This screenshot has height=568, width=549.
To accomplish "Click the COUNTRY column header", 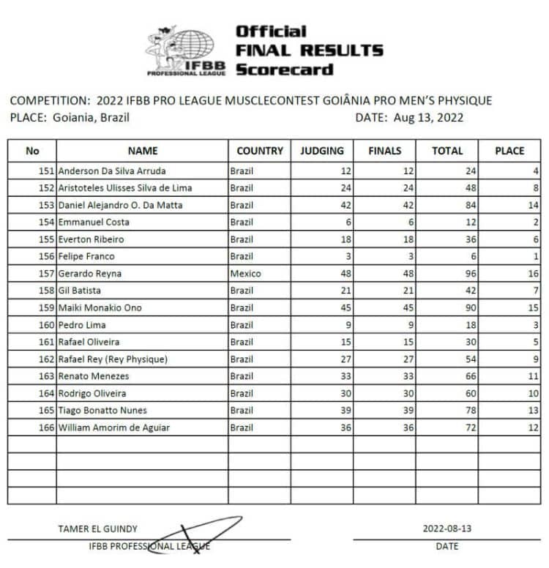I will (x=259, y=151).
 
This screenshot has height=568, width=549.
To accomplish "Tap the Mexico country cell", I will (x=245, y=274).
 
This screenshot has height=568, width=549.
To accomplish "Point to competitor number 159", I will (x=46, y=308).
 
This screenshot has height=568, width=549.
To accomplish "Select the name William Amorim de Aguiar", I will (x=114, y=427).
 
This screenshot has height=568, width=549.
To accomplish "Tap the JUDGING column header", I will (x=321, y=151).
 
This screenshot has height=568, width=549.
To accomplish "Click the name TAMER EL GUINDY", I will (x=97, y=528).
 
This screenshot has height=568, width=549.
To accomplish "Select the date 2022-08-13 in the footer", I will (x=447, y=528).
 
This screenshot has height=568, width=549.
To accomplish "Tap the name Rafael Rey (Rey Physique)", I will (x=113, y=359).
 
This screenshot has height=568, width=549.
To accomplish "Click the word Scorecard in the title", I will (x=284, y=70).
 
